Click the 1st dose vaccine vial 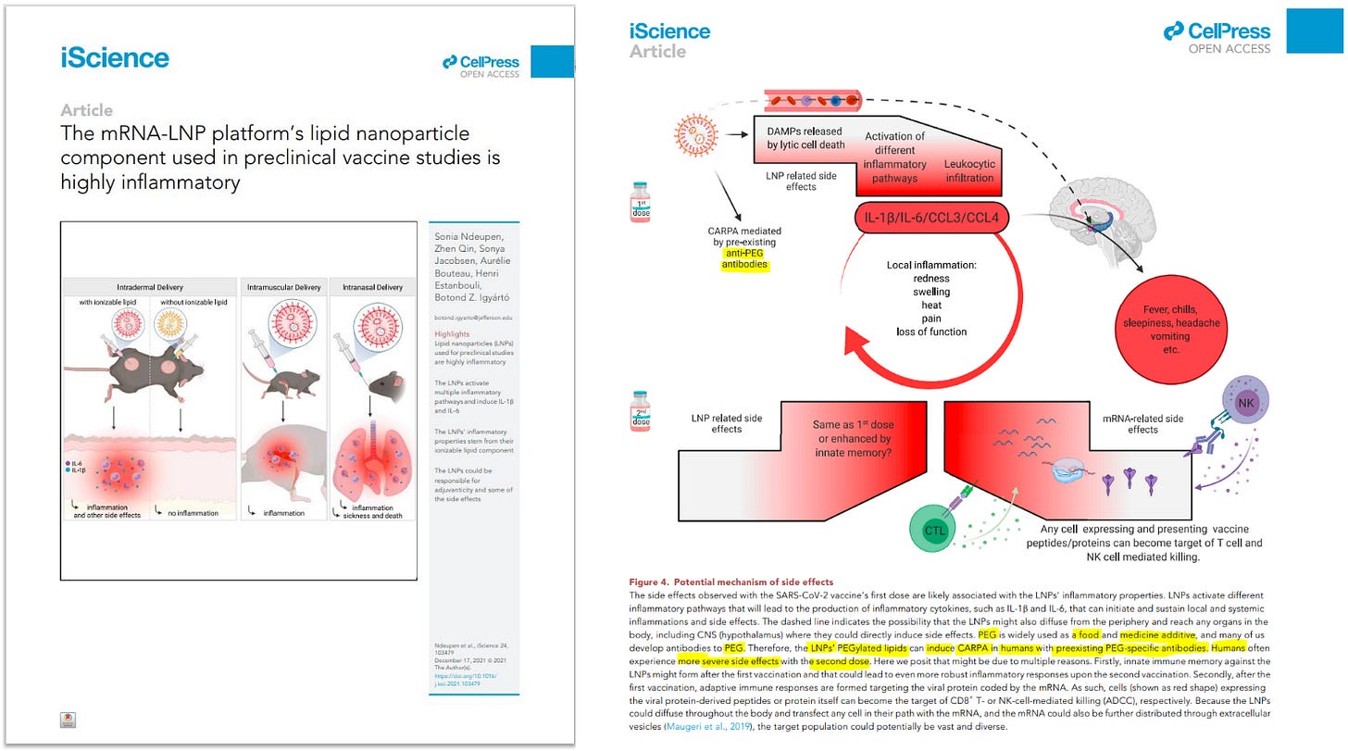point(640,201)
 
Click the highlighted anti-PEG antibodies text point(746,258)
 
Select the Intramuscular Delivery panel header point(284,287)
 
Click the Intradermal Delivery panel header point(149,287)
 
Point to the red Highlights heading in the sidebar point(452,334)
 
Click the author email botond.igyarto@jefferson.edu point(474,317)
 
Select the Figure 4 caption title point(730,582)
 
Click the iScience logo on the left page point(115,58)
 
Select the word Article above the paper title point(87,110)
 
